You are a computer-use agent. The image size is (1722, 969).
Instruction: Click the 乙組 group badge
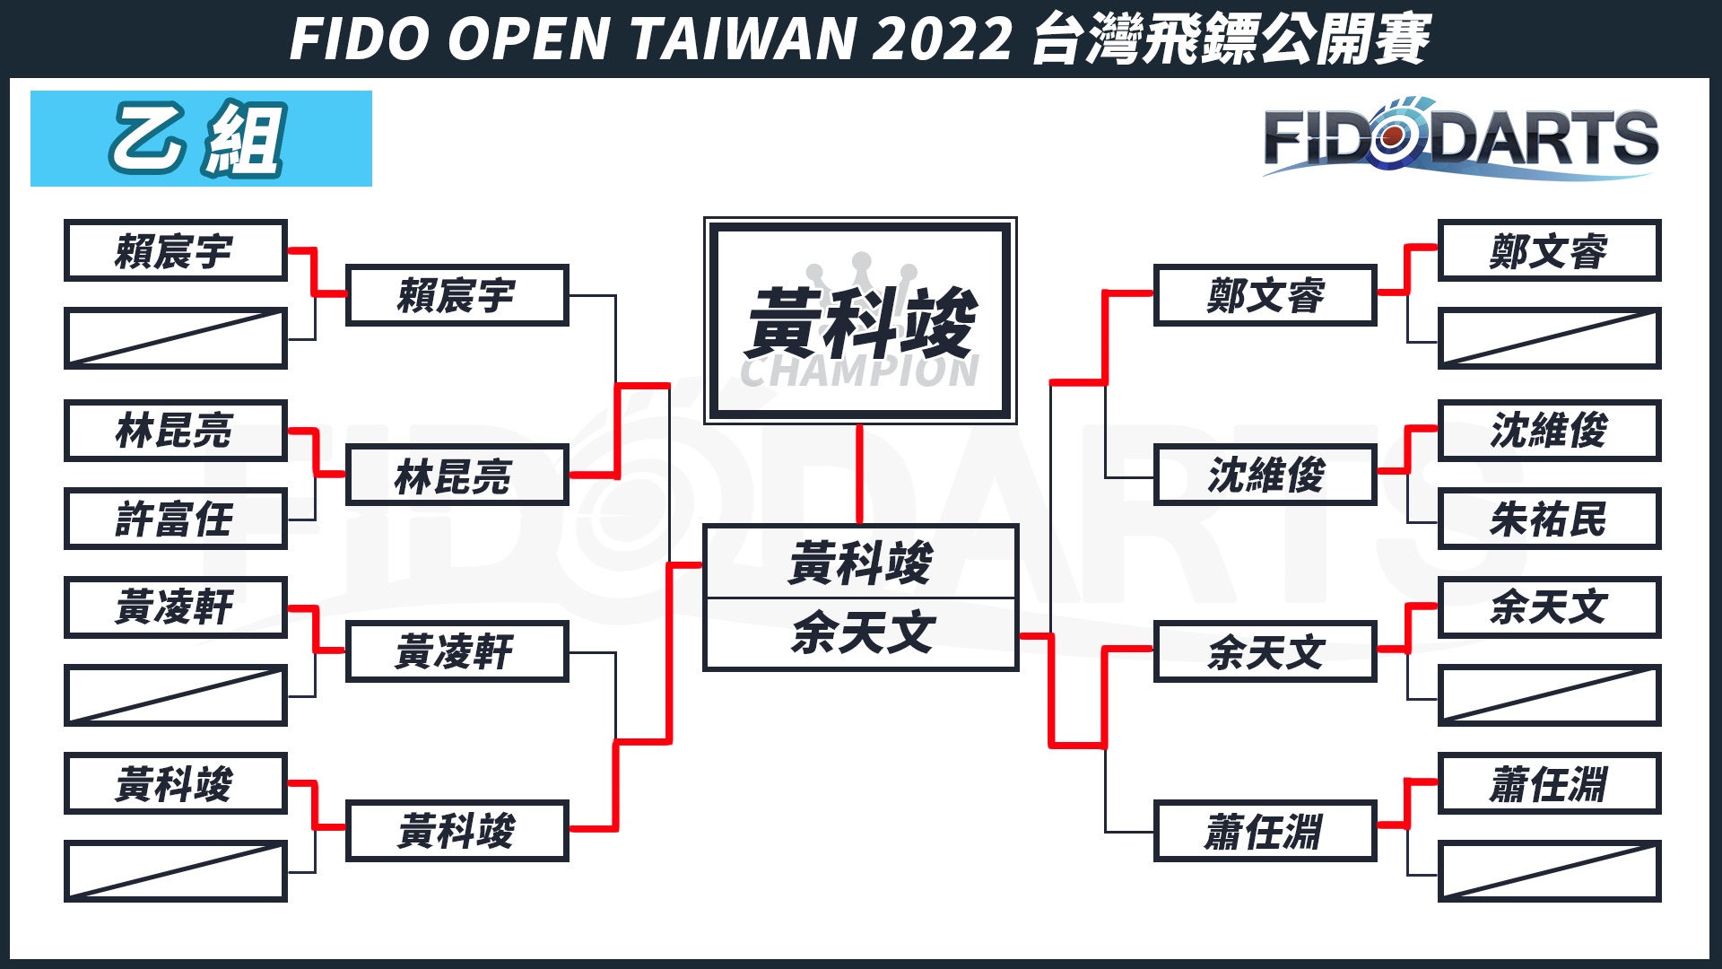click(201, 138)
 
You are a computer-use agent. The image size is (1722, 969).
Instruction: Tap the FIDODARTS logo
click(1460, 140)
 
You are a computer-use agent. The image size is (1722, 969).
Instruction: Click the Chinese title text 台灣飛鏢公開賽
click(1231, 39)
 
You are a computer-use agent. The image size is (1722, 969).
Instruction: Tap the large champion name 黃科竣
click(860, 323)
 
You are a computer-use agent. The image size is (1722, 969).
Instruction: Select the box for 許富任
click(176, 519)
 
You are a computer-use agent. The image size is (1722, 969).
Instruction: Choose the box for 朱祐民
click(1549, 519)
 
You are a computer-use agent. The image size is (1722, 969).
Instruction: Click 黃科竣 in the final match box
click(861, 563)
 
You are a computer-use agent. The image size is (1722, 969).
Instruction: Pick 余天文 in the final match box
click(861, 633)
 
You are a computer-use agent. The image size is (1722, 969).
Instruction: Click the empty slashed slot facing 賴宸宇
click(176, 338)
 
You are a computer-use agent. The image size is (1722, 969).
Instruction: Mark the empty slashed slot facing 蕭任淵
click(1549, 871)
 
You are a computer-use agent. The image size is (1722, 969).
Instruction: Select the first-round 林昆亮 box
click(176, 431)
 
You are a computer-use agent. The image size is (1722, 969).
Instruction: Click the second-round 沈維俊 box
click(1265, 475)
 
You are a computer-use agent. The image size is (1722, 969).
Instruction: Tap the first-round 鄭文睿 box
click(1549, 250)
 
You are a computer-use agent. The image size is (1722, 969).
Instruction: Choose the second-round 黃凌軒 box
click(457, 651)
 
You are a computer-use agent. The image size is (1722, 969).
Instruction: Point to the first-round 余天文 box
click(1549, 607)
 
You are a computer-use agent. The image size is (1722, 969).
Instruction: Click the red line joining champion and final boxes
click(859, 474)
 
